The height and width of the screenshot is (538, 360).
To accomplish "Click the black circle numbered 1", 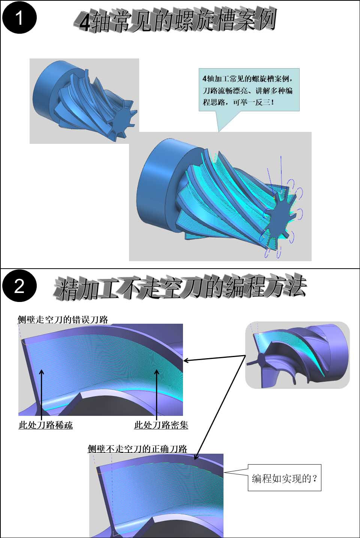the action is (x=19, y=18).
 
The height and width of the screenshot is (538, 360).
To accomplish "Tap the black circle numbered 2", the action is (x=19, y=286).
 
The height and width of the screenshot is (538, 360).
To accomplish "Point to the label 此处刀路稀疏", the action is (x=46, y=425).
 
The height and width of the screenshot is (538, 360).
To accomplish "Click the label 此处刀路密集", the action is (x=161, y=425).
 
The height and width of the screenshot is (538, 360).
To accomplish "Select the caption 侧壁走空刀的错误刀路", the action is (x=63, y=320).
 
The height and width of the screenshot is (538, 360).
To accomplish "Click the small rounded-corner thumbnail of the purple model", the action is (x=297, y=356).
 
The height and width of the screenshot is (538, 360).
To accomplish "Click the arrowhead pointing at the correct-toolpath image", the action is (x=196, y=457).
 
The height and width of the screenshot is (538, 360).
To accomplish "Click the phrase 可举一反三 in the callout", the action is (x=251, y=102).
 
